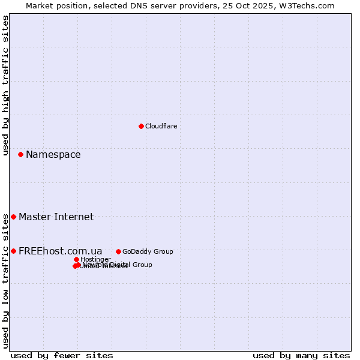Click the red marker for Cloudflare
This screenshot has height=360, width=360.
(141, 126)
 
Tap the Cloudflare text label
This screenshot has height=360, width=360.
(161, 126)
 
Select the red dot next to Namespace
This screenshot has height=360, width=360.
(20, 154)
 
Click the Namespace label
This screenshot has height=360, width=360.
(53, 155)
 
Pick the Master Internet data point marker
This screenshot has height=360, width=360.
(13, 217)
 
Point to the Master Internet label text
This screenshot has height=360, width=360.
(56, 217)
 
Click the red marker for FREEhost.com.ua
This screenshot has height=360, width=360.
(13, 251)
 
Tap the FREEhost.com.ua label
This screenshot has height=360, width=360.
(60, 251)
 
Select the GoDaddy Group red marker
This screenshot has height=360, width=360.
(118, 251)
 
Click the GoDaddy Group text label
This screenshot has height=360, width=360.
(147, 251)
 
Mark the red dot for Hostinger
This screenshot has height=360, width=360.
(76, 259)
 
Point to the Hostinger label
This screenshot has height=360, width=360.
(95, 259)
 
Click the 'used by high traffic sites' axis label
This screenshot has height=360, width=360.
(5, 85)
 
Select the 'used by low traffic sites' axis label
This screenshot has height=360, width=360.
(5, 281)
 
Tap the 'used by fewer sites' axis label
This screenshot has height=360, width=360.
(62, 355)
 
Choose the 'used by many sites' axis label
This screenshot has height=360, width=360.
(301, 355)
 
